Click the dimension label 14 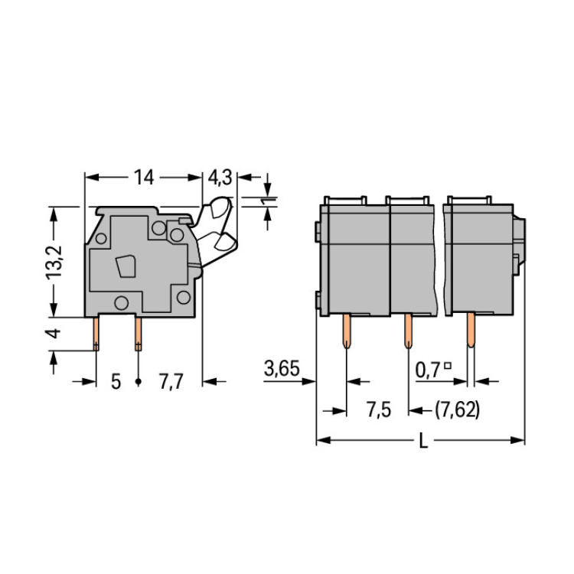tap(144, 178)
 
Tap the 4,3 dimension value tap(220, 178)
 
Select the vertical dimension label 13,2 tap(54, 263)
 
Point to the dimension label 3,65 tap(282, 368)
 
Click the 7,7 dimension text tap(171, 382)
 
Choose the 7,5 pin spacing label tap(379, 409)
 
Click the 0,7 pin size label tap(428, 370)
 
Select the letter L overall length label tap(423, 440)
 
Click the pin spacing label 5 tap(116, 382)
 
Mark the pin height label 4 tap(54, 333)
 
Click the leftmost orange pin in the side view tap(96, 334)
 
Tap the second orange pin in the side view tap(138, 334)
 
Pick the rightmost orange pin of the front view tap(471, 330)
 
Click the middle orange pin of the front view tap(408, 331)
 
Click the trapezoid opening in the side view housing tap(126, 266)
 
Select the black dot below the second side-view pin tap(138, 382)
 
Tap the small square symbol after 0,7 tap(448, 365)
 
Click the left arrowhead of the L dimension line tap(324, 440)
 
